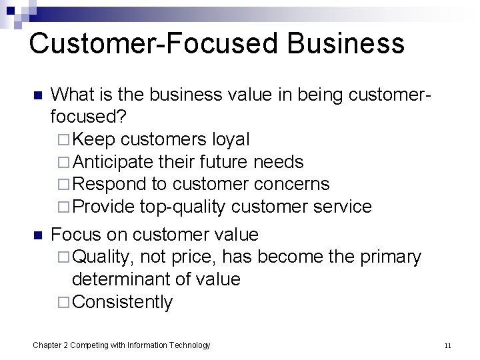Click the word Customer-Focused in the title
pyautogui.click(x=139, y=43)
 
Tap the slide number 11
pyautogui.click(x=447, y=345)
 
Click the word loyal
pyautogui.click(x=229, y=140)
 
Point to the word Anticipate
pyautogui.click(x=113, y=162)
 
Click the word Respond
pyautogui.click(x=109, y=184)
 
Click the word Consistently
pyautogui.click(x=123, y=302)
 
